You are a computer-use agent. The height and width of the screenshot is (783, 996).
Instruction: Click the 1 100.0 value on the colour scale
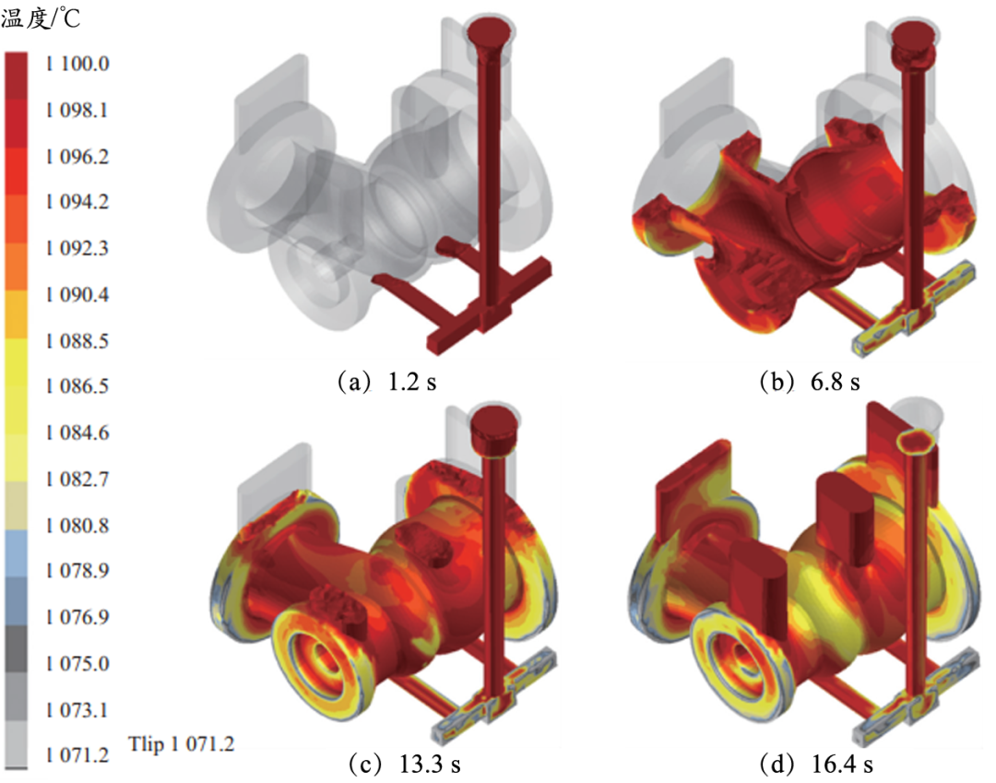pos(77,64)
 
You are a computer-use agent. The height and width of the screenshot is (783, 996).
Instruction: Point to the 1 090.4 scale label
pos(77,294)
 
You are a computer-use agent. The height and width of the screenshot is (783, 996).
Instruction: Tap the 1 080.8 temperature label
pos(77,526)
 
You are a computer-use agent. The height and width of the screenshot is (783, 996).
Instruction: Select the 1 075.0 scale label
pos(77,664)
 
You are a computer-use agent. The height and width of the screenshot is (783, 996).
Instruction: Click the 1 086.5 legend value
pos(77,386)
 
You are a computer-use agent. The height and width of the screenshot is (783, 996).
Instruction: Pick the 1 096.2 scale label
pos(77,156)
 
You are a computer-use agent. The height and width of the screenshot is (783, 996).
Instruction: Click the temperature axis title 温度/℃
pos(41,18)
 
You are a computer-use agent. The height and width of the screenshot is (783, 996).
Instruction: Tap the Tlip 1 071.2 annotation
pos(181,743)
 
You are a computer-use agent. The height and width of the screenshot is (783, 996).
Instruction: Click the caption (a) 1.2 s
pos(386,382)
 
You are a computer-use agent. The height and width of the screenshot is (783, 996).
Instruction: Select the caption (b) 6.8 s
pos(810,382)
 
